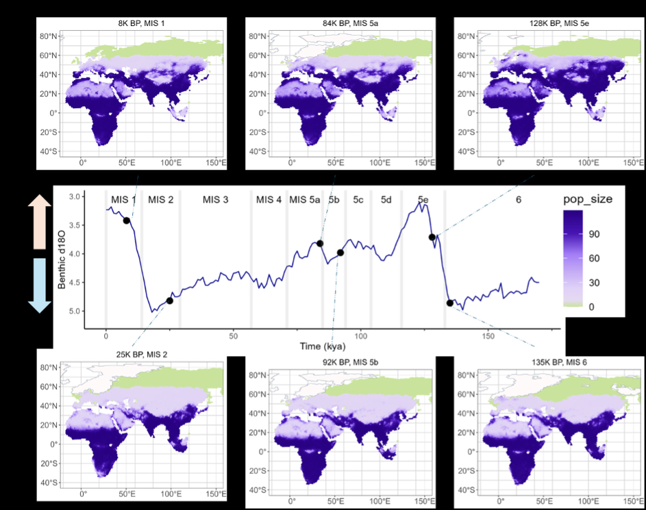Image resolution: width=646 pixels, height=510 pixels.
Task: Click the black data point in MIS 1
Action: pos(127,220)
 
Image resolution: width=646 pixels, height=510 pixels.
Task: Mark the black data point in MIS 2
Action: pos(170,300)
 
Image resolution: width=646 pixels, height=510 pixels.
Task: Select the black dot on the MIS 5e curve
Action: pos(432,237)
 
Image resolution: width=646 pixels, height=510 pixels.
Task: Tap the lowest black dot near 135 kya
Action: pos(450,303)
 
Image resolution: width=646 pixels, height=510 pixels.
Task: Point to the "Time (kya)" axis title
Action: pos(322,347)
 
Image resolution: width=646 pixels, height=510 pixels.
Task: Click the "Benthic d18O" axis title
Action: pos(62,254)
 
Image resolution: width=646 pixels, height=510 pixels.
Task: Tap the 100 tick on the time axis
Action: pos(361,336)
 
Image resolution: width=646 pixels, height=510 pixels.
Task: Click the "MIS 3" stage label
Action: pos(215,199)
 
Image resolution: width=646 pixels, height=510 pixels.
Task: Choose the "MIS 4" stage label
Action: pos(269,199)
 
